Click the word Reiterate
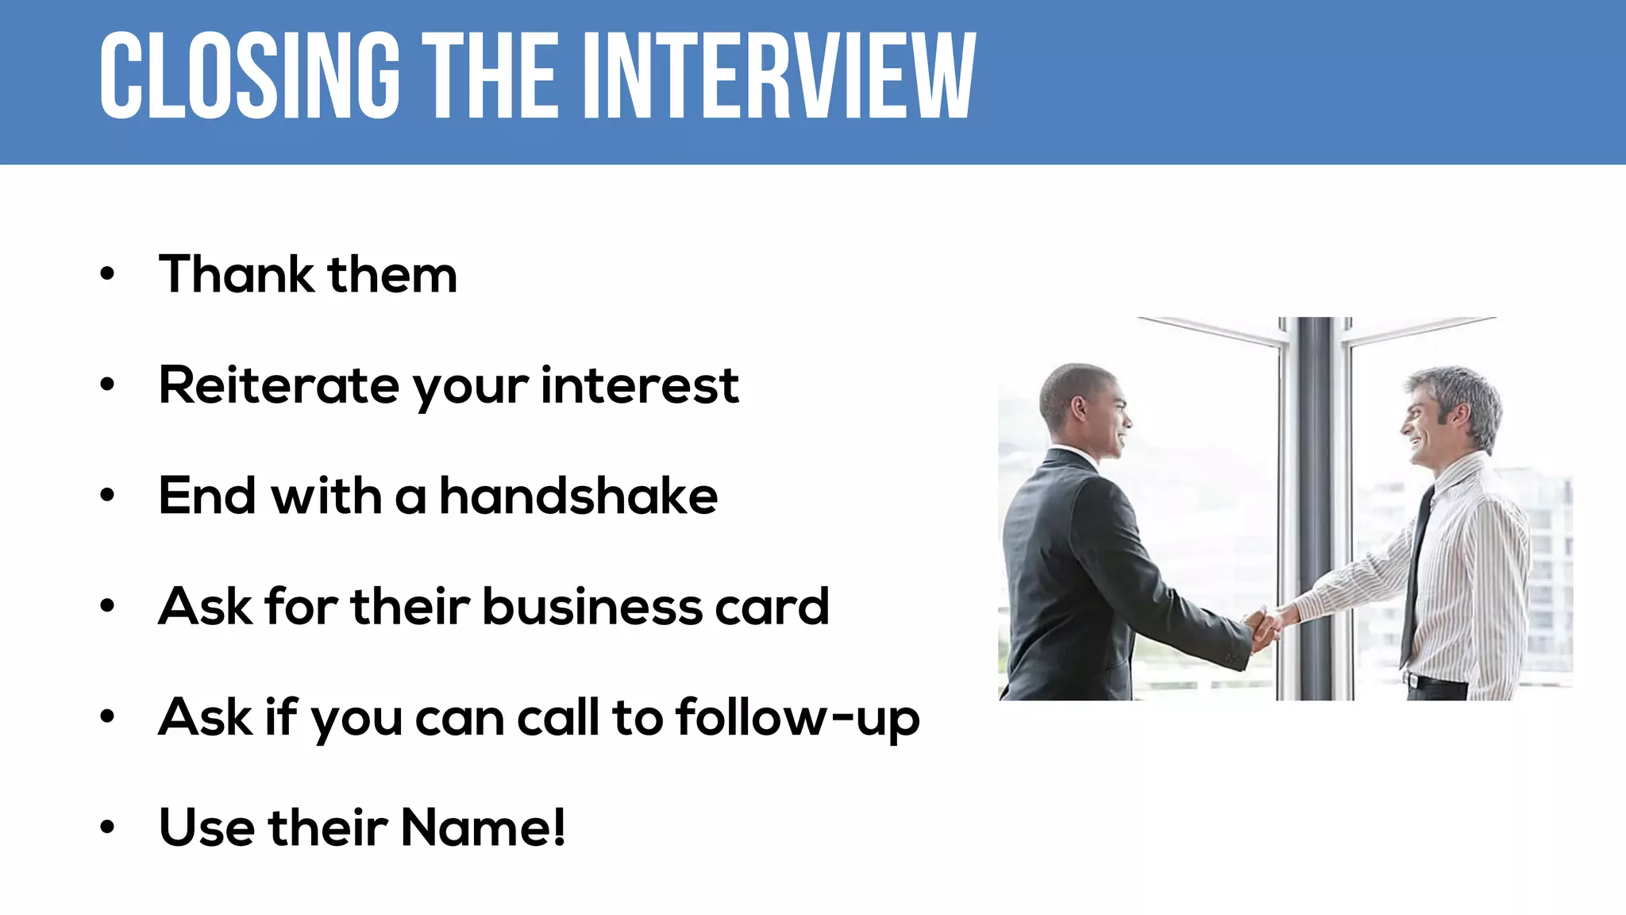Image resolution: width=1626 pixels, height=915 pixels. (x=278, y=386)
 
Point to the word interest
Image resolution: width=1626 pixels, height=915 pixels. (x=640, y=386)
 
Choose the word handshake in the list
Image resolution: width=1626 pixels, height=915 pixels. (x=578, y=496)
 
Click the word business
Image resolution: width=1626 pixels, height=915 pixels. (x=591, y=607)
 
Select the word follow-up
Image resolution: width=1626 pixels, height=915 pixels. (x=797, y=718)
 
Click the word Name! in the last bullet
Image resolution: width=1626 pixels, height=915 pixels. (x=483, y=828)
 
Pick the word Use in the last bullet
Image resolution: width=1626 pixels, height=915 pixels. (x=206, y=828)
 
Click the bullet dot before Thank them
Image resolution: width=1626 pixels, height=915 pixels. (x=107, y=275)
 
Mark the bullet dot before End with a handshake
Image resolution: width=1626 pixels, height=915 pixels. (x=107, y=496)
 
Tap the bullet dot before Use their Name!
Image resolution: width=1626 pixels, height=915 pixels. (x=107, y=828)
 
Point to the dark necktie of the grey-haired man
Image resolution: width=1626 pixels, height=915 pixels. (x=1416, y=572)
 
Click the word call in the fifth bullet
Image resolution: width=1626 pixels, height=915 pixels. (x=558, y=718)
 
